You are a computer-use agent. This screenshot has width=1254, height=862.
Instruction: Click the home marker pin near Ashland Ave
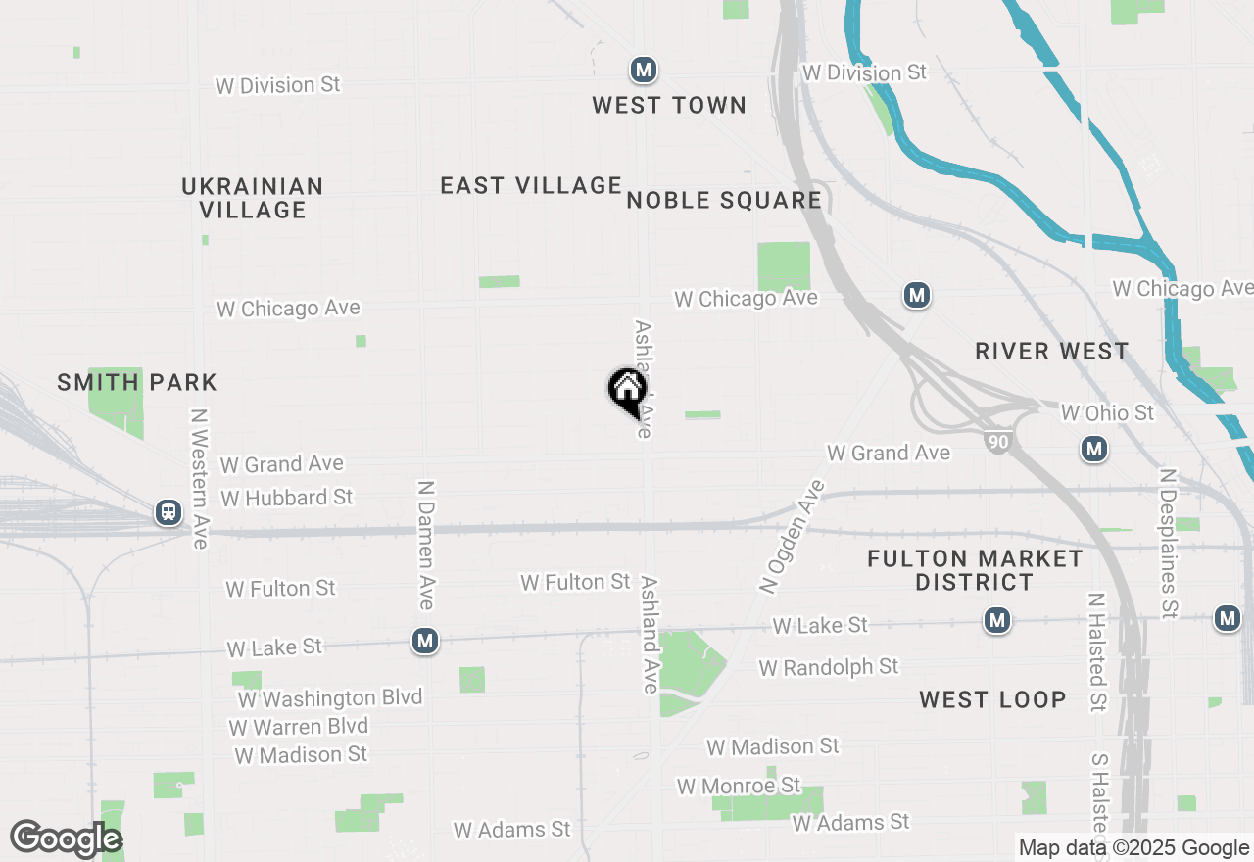(627, 391)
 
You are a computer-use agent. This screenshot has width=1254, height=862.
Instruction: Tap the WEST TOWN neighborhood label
(669, 105)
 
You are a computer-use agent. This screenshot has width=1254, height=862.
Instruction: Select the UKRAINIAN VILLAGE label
(253, 198)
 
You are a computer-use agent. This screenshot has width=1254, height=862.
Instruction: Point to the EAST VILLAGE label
(531, 185)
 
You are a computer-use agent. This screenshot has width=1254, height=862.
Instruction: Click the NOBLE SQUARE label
(724, 201)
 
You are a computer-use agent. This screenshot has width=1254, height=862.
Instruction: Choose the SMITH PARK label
(137, 382)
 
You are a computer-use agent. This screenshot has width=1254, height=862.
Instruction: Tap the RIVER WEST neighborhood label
(1052, 351)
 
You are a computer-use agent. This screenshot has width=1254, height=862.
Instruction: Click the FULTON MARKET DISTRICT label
(975, 570)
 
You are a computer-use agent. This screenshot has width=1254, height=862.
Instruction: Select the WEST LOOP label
(992, 699)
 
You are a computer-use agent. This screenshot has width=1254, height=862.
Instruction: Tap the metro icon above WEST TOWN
(643, 70)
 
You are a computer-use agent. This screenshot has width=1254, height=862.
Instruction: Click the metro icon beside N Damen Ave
(424, 641)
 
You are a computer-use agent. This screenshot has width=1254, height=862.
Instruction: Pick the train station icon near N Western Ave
(169, 512)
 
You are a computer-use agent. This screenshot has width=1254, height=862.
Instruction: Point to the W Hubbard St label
(286, 498)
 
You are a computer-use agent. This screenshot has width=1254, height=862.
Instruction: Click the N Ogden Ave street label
(793, 536)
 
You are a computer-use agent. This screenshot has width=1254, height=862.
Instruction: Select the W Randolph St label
(828, 667)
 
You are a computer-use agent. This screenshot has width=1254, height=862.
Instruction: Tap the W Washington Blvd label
(330, 698)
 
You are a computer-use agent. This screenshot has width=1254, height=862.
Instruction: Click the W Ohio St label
(1107, 413)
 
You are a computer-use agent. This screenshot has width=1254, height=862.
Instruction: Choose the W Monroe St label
(738, 786)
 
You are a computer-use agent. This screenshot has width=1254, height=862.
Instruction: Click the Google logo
(66, 838)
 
